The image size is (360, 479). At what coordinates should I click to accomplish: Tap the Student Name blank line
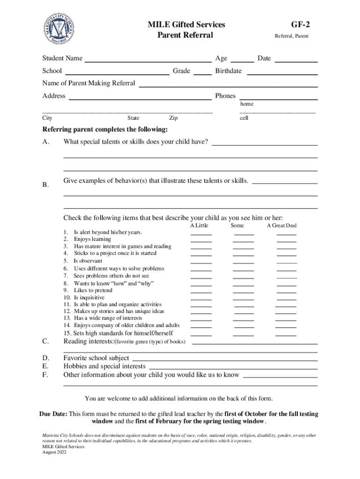(x=147, y=59)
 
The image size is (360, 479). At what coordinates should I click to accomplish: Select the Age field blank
(x=242, y=59)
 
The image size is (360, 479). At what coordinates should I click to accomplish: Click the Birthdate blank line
(x=282, y=72)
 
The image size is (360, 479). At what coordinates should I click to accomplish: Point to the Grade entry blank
(x=202, y=72)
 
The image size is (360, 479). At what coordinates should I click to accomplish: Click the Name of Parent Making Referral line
(x=229, y=84)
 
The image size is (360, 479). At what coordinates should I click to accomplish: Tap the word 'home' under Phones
(x=247, y=104)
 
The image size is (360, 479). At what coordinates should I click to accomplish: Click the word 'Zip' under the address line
(x=173, y=118)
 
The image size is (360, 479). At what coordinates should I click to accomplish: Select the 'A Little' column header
(x=199, y=225)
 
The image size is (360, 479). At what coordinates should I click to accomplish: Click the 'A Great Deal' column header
(x=281, y=225)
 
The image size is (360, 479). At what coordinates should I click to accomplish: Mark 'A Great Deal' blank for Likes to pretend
(x=286, y=291)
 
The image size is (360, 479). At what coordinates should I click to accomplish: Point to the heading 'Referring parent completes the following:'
(x=105, y=130)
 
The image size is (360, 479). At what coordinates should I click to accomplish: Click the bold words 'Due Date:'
(x=53, y=414)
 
